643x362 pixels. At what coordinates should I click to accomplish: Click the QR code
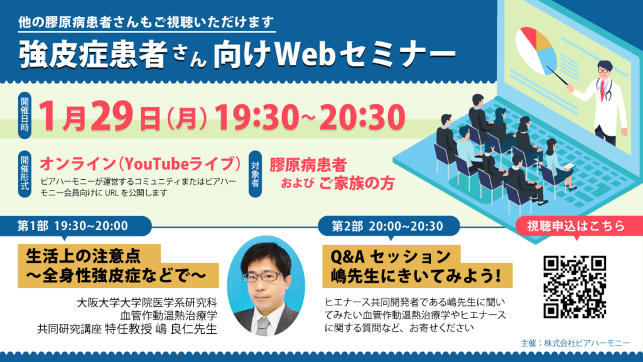pyautogui.click(x=575, y=287)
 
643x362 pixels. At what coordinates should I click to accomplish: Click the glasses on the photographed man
pyautogui.click(x=262, y=277)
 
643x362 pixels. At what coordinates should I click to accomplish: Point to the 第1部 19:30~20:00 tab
pyautogui.click(x=76, y=226)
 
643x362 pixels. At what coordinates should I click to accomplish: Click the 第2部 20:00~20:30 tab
pyautogui.click(x=388, y=226)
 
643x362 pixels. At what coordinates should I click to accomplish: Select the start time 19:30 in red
pyautogui.click(x=257, y=117)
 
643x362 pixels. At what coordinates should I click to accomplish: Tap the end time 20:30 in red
pyautogui.click(x=362, y=117)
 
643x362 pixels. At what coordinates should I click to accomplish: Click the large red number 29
pyautogui.click(x=112, y=116)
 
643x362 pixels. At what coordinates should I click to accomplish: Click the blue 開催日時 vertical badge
pyautogui.click(x=25, y=116)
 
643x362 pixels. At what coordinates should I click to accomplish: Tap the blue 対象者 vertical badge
pyautogui.click(x=255, y=174)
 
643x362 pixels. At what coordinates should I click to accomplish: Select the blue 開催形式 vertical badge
pyautogui.click(x=25, y=174)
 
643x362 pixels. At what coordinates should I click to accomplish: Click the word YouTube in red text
pyautogui.click(x=156, y=164)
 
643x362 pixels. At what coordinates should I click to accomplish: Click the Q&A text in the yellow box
pyautogui.click(x=347, y=257)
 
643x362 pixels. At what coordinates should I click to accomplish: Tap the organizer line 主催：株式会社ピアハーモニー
pyautogui.click(x=575, y=343)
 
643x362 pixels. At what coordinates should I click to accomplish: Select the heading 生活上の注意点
pyautogui.click(x=84, y=256)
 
